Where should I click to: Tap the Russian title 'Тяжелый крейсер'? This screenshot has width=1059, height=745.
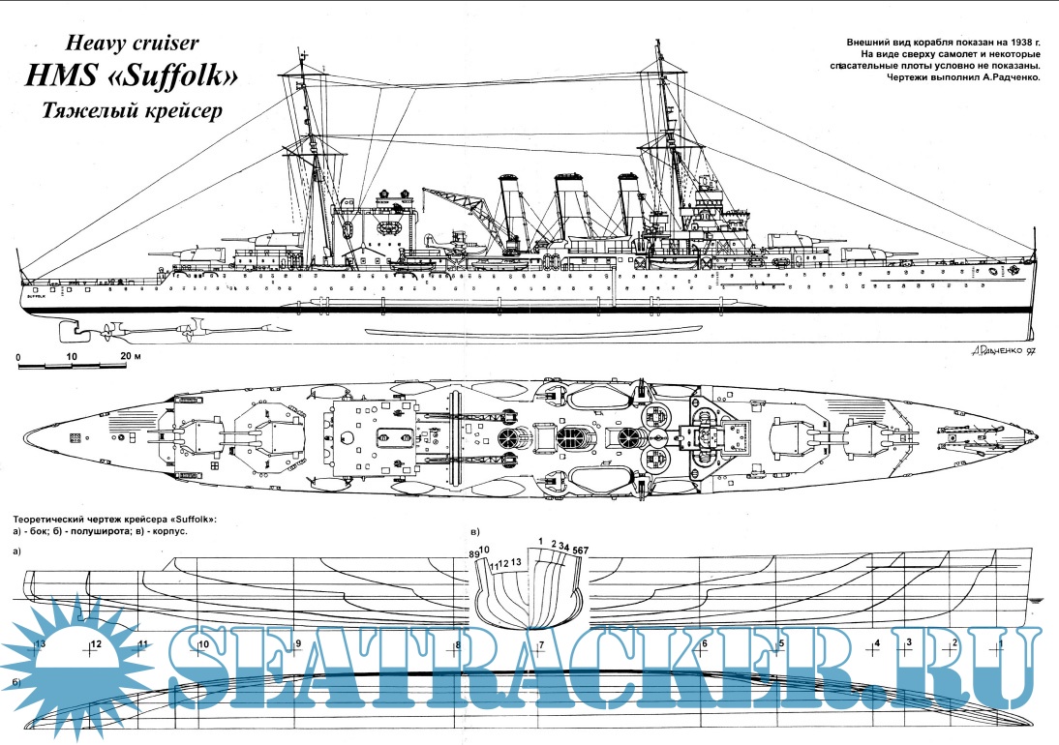[x=132, y=111]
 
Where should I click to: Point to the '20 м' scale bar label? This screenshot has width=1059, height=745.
[x=130, y=357]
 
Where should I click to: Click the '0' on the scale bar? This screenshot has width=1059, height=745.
[x=19, y=357]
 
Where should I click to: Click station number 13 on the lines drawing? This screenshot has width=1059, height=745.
[x=41, y=643]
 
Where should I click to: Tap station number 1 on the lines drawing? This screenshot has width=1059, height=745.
[x=1001, y=643]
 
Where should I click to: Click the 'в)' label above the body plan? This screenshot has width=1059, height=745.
[x=474, y=532]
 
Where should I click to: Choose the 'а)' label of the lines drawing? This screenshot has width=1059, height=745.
[x=17, y=551]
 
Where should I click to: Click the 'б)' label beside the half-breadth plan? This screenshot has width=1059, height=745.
[x=17, y=684]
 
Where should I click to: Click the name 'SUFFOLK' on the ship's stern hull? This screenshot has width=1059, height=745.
[x=37, y=297]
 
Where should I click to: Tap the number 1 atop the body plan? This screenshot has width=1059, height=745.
[x=539, y=540]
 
